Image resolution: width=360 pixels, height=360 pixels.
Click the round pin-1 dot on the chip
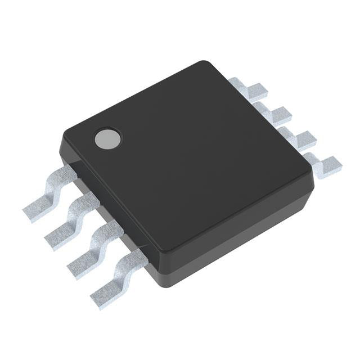click(x=107, y=138)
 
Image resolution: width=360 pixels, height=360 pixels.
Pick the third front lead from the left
click(x=96, y=247)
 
